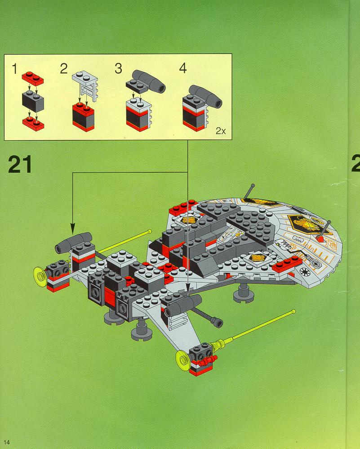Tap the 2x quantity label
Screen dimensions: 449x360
[x=220, y=131]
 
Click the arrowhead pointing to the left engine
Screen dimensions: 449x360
[x=72, y=225]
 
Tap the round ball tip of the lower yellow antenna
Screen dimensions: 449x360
[x=293, y=311]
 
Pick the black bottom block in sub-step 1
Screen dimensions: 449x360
[x=33, y=101]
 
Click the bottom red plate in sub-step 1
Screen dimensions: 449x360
[x=33, y=122]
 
